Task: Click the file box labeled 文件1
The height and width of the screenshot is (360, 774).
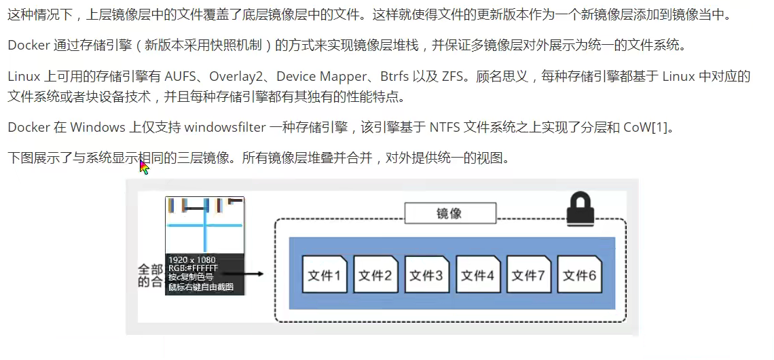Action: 324,275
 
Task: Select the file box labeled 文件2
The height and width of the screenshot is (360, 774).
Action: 375,275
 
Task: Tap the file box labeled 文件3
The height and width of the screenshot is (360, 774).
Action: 426,275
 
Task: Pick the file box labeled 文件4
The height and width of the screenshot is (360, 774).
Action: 477,275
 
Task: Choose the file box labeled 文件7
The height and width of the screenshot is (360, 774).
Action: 528,275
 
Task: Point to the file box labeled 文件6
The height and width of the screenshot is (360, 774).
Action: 579,275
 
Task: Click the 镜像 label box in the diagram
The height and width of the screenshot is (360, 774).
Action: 449,213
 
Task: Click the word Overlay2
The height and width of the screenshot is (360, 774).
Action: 239,76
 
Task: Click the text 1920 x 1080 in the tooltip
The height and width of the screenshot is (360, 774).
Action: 192,260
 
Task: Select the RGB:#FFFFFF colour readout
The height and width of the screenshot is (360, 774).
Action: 193,268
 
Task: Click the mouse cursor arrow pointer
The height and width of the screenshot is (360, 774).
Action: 143,166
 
